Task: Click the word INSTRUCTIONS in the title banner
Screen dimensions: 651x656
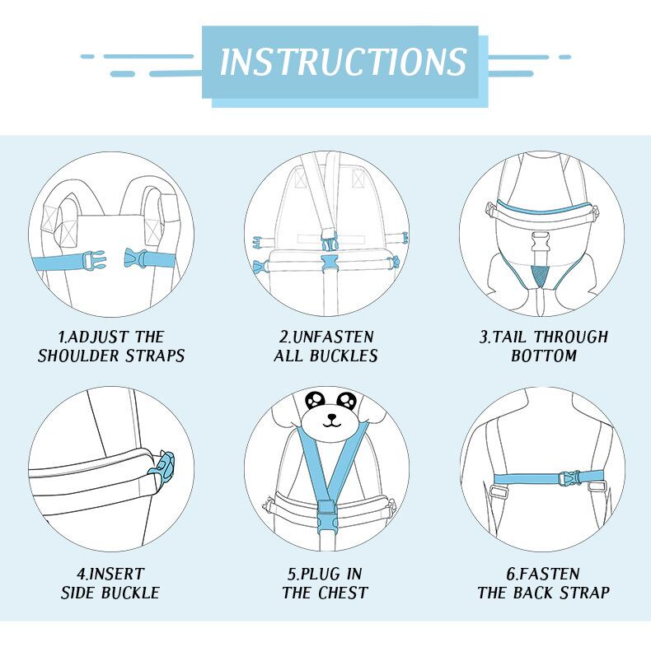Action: click(343, 62)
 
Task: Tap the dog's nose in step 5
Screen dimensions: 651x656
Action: click(331, 417)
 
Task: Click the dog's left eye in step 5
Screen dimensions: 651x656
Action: click(315, 400)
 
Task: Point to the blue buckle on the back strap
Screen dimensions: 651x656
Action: click(569, 477)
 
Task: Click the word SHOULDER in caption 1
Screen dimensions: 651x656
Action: click(79, 356)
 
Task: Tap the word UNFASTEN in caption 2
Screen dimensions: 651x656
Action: click(333, 337)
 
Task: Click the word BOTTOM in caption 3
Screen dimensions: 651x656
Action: click(544, 356)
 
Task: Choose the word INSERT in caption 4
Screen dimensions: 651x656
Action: click(116, 574)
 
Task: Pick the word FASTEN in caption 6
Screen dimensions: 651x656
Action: click(549, 574)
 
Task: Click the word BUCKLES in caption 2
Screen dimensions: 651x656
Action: click(344, 356)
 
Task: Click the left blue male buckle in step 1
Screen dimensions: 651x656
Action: click(93, 261)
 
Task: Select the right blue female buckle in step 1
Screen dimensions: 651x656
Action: click(136, 258)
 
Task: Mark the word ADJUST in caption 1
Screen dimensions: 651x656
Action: click(98, 337)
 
